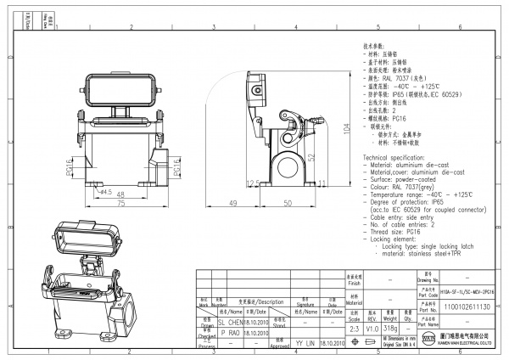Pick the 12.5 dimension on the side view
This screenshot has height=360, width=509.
pyautogui.click(x=251, y=183)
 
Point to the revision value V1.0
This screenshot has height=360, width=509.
pyautogui.click(x=372, y=327)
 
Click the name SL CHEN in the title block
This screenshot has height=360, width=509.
pyautogui.click(x=232, y=323)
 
